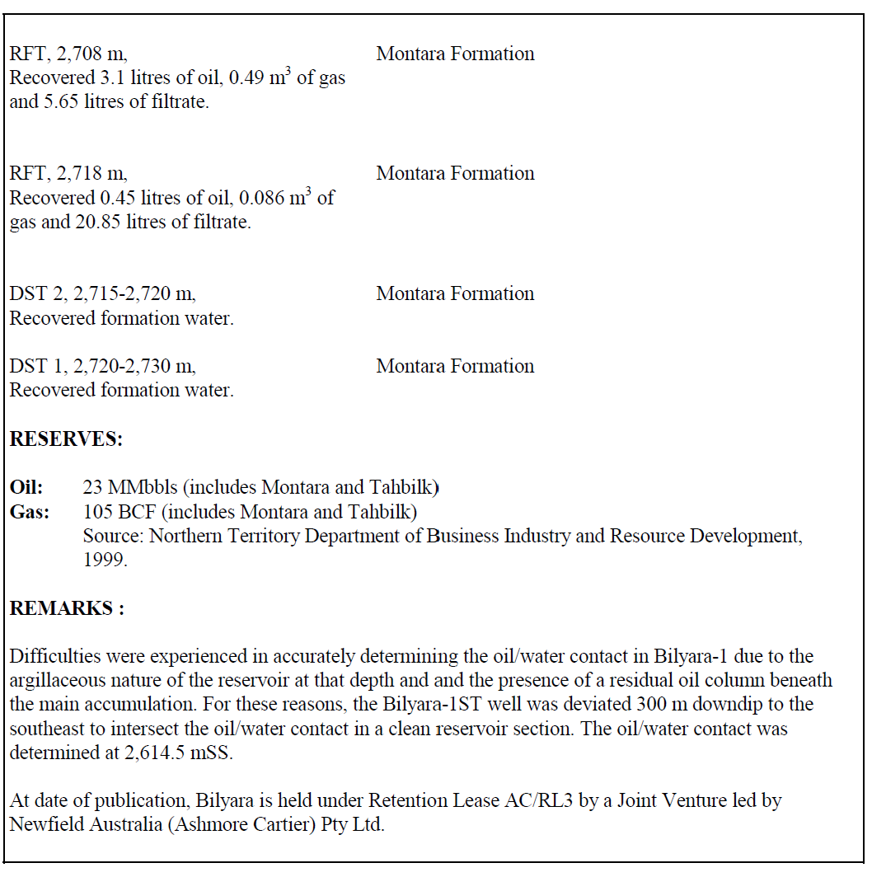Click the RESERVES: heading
pyautogui.click(x=66, y=439)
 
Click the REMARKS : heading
pyautogui.click(x=67, y=609)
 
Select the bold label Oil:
pyautogui.click(x=26, y=487)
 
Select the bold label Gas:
pyautogui.click(x=30, y=512)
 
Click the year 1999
pyautogui.click(x=105, y=560)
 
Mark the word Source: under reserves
pyautogui.click(x=113, y=537)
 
